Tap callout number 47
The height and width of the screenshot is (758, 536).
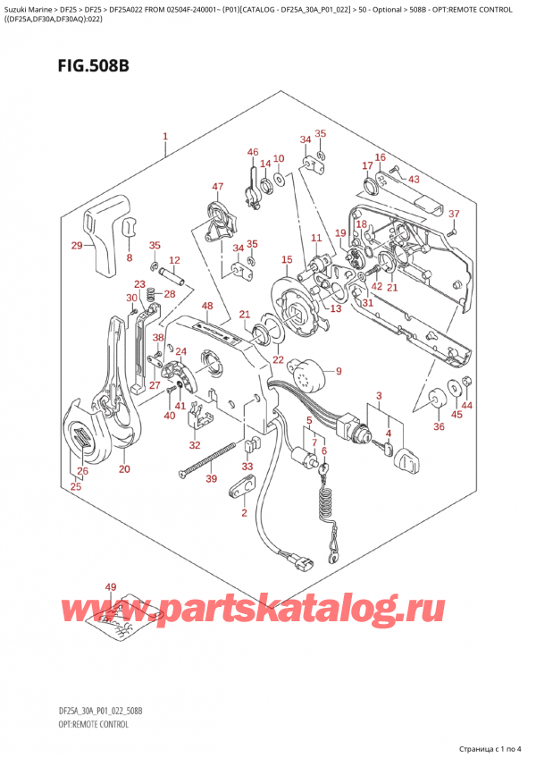217,187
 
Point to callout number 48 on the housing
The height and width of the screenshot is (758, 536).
207,307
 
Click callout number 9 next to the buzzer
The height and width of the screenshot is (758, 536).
339,371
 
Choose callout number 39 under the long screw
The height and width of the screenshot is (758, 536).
211,480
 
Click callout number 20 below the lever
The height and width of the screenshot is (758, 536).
124,469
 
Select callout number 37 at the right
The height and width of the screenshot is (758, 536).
453,214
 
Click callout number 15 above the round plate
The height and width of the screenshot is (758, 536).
286,260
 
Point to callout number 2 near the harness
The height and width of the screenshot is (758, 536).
243,512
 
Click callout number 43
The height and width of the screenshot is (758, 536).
414,180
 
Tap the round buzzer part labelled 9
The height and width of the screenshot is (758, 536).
312,377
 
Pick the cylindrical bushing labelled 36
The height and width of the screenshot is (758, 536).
439,403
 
